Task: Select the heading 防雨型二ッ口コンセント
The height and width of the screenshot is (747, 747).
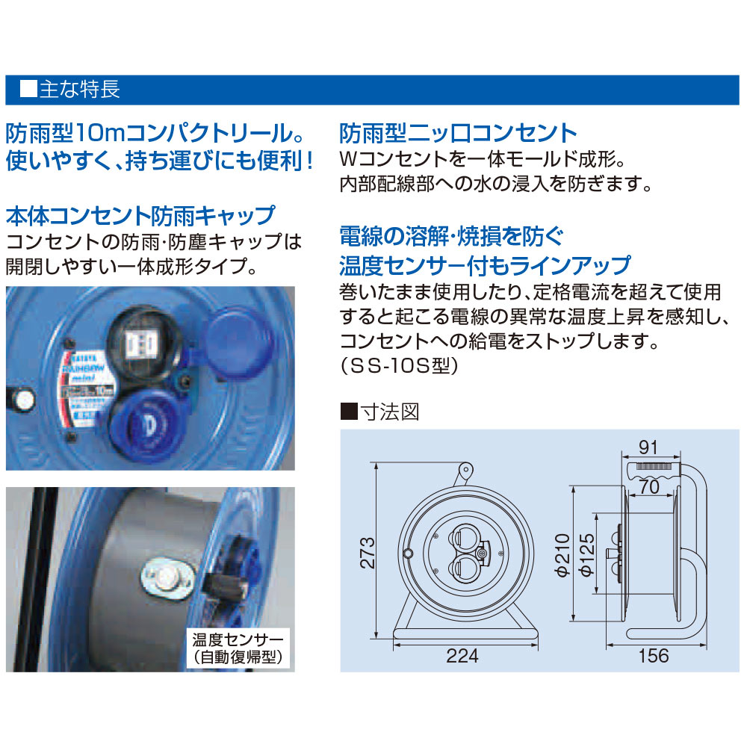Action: [458, 134]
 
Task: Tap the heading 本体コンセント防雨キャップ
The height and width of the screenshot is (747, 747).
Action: [140, 216]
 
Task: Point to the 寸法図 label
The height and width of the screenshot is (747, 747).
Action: [388, 412]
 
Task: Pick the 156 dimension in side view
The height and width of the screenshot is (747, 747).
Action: [654, 657]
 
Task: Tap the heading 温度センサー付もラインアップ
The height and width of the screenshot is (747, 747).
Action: [484, 265]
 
